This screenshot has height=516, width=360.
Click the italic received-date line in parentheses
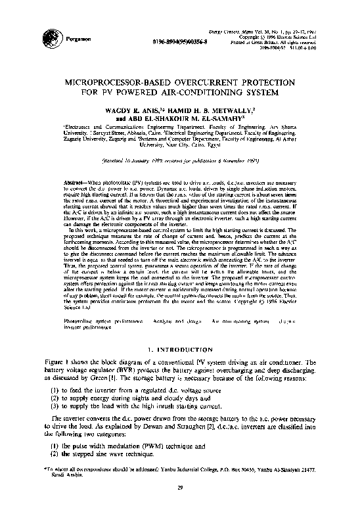coord(180,160)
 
